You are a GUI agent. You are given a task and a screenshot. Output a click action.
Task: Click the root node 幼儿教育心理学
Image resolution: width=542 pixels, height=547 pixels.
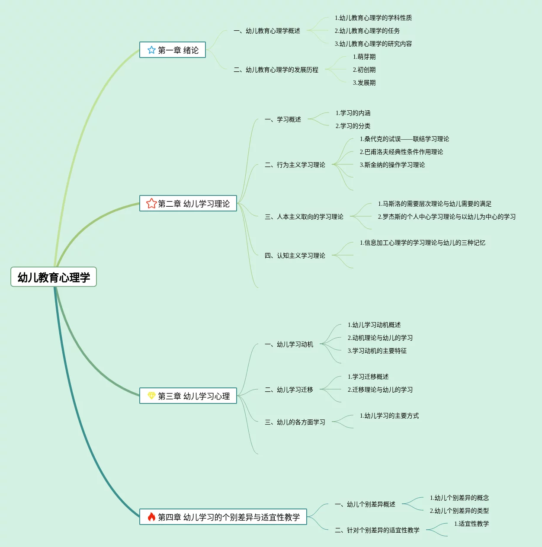pyautogui.click(x=54, y=277)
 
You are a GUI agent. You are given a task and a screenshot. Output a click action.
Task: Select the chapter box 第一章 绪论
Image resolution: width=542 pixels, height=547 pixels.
pyautogui.click(x=173, y=50)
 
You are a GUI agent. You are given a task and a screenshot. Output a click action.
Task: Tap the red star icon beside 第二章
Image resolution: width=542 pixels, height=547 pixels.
pyautogui.click(x=151, y=203)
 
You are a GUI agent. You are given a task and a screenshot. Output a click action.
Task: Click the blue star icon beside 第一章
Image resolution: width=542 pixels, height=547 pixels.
pyautogui.click(x=151, y=50)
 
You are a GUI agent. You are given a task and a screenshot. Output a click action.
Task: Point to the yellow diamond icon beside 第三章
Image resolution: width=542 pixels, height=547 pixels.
pyautogui.click(x=151, y=396)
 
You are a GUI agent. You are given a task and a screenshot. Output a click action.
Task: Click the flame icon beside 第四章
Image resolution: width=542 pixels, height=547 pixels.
pyautogui.click(x=151, y=517)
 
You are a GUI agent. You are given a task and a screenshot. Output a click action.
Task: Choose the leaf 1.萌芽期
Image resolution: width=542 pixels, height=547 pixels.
pyautogui.click(x=364, y=57)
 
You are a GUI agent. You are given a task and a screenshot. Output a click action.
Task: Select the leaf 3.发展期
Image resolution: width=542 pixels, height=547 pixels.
pyautogui.click(x=364, y=83)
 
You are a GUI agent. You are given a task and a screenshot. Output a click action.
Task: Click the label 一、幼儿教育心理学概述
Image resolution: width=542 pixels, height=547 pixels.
pyautogui.click(x=267, y=31)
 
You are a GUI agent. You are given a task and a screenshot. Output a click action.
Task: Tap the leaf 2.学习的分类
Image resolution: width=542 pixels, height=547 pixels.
pyautogui.click(x=353, y=126)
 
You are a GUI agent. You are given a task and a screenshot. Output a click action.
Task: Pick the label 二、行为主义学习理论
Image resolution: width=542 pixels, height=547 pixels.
pyautogui.click(x=295, y=165)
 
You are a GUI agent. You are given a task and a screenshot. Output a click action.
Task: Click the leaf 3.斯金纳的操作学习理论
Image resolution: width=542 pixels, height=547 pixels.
pyautogui.click(x=392, y=165)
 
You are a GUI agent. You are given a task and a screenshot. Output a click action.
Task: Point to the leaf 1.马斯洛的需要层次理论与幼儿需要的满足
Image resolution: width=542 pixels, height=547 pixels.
pyautogui.click(x=435, y=204)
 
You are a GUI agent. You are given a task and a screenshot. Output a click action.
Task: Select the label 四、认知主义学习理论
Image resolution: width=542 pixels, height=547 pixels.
pyautogui.click(x=295, y=256)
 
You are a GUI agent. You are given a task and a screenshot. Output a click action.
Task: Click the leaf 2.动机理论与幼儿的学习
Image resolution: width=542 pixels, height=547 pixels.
pyautogui.click(x=380, y=338)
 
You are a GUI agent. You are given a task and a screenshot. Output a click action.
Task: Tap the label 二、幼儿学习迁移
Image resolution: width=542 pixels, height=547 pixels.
pyautogui.click(x=289, y=390)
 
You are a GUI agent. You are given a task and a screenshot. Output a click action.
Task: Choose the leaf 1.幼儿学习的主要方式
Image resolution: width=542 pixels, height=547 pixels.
pyautogui.click(x=389, y=416)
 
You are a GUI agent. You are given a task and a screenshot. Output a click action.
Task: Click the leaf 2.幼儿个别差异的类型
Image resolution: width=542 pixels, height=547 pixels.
pyautogui.click(x=459, y=511)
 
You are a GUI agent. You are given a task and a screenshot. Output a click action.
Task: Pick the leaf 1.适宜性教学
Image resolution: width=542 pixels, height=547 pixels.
pyautogui.click(x=471, y=524)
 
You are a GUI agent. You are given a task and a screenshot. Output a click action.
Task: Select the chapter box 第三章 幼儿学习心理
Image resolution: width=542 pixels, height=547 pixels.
pyautogui.click(x=188, y=396)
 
